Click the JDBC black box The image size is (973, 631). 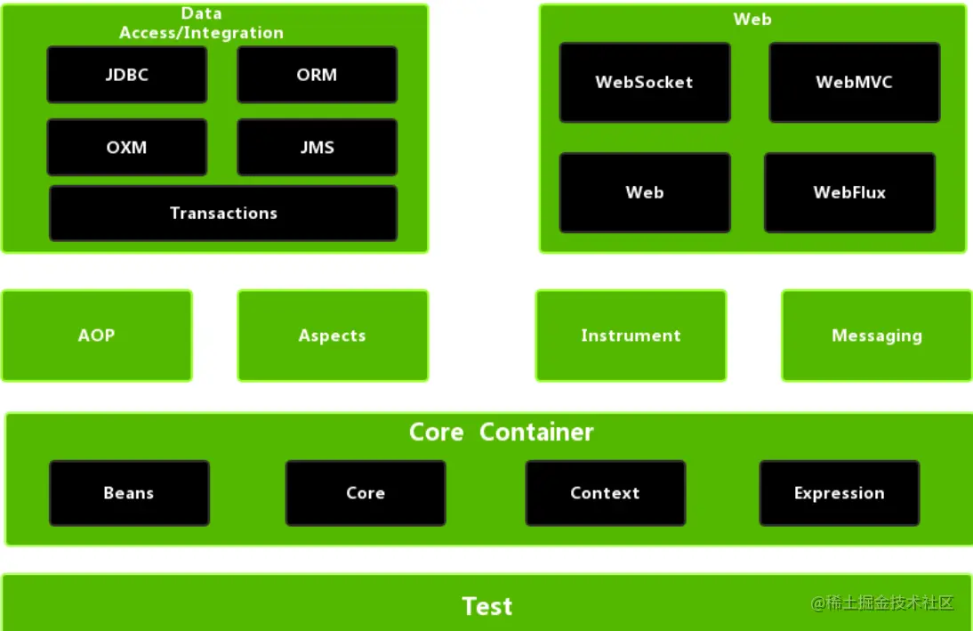[x=127, y=75]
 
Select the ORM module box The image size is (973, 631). [x=318, y=75]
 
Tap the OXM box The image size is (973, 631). [x=127, y=148]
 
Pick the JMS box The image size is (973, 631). [x=318, y=148]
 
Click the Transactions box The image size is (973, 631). [x=223, y=213]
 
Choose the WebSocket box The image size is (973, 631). [x=645, y=82]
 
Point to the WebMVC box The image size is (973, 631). [x=854, y=82]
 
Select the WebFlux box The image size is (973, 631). [x=849, y=192]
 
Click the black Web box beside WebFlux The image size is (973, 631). [x=645, y=192]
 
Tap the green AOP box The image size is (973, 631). [x=96, y=336]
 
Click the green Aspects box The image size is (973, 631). [x=333, y=336]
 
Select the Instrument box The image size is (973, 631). [x=631, y=336]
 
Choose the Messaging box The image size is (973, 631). [x=877, y=336]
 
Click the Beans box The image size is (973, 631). [x=129, y=493]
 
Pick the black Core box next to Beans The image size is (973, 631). [x=366, y=493]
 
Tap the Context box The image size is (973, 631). [x=606, y=493]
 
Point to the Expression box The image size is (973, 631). [x=840, y=493]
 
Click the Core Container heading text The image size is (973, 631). [x=501, y=433]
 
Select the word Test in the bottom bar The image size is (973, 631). [x=487, y=607]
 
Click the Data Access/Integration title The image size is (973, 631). [x=202, y=24]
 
